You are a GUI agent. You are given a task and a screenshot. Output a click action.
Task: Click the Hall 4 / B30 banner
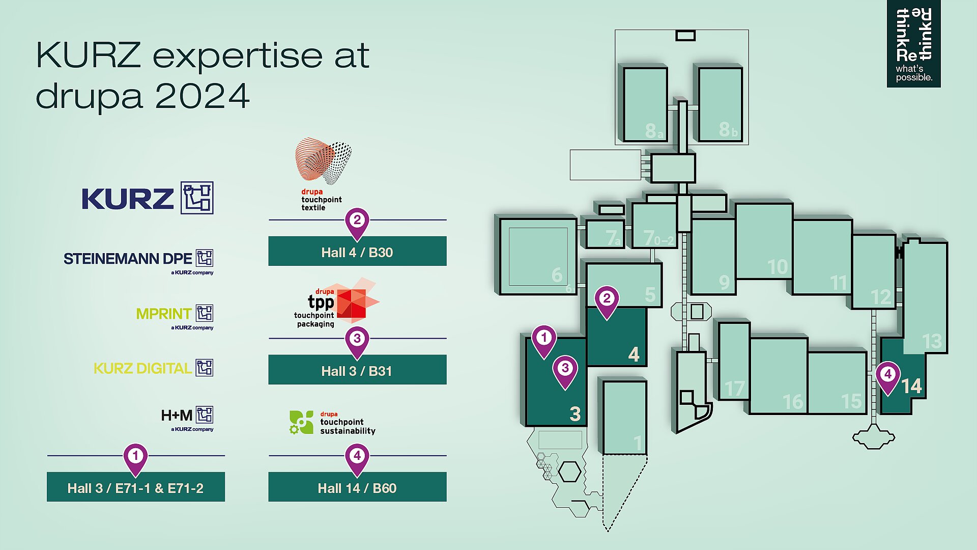[357, 251]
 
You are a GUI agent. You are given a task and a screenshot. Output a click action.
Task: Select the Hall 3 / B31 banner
[357, 370]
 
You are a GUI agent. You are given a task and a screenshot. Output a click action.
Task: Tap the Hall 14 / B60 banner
[357, 487]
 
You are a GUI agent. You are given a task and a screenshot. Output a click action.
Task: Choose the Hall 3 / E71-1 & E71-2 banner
[136, 487]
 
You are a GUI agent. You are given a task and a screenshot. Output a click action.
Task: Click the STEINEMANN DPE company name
[128, 259]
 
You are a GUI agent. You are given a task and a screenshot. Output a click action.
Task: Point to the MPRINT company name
[164, 314]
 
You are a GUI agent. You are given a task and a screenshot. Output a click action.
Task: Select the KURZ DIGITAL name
[142, 368]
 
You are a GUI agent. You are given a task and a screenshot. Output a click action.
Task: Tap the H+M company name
[177, 416]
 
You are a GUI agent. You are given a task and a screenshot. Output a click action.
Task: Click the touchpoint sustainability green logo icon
[301, 422]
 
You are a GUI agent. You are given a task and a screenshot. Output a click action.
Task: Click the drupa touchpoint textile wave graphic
[324, 160]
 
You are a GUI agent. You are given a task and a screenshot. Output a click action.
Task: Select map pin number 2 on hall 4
[607, 302]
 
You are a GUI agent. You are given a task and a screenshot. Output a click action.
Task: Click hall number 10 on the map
[778, 267]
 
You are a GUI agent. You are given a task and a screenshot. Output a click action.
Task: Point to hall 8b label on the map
[728, 130]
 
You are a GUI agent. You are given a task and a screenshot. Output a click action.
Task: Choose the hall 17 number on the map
[735, 389]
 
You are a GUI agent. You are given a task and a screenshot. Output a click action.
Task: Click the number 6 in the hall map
[557, 275]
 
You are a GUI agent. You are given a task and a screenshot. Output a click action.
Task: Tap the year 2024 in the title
[202, 95]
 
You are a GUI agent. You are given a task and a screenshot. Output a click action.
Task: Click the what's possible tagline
[914, 73]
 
